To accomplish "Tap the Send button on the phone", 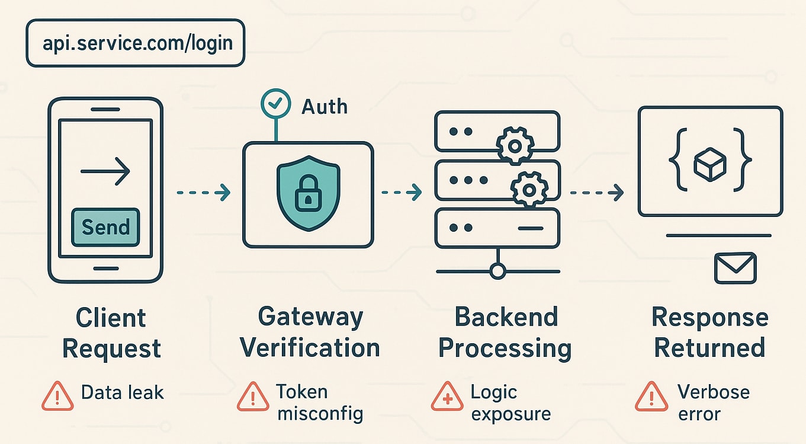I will (x=105, y=227).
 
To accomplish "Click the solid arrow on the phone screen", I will (x=105, y=173).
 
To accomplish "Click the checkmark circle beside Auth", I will (x=275, y=104).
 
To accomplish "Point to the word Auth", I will (x=325, y=106).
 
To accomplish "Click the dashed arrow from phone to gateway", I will (x=203, y=193).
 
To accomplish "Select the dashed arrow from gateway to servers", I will (x=402, y=193).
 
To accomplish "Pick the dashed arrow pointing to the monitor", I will (x=597, y=193).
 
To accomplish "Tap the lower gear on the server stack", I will (x=529, y=189).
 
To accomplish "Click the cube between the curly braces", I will (x=710, y=164).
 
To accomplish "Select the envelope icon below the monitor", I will (x=735, y=268).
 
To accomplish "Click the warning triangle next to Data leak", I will (x=57, y=395).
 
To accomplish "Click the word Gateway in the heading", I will (x=310, y=318).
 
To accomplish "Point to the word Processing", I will (x=505, y=349).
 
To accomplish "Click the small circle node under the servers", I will (x=498, y=271).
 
